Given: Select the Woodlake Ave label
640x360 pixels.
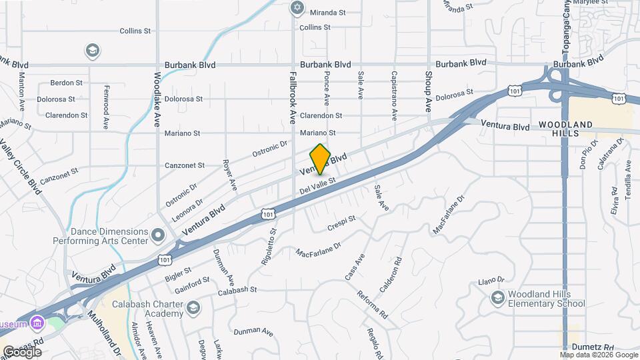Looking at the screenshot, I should tap(158, 99).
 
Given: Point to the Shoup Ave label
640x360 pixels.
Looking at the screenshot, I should tap(429, 91).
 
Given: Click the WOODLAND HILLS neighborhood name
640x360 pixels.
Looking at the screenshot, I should tap(565, 129).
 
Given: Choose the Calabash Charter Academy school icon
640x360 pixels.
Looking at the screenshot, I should tap(193, 307).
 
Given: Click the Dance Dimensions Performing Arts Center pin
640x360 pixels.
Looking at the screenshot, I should tap(158, 235).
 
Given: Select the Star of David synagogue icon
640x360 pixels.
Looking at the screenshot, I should tap(297, 9).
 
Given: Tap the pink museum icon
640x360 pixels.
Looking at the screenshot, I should tap(37, 324).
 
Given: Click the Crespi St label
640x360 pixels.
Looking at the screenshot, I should tap(342, 223).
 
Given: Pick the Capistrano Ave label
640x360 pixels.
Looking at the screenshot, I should tap(394, 95).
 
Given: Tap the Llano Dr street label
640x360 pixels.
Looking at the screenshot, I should tap(492, 281).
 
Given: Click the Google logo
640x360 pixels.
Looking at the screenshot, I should tap(22, 351).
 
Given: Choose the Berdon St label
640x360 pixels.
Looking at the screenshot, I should tap(67, 83).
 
